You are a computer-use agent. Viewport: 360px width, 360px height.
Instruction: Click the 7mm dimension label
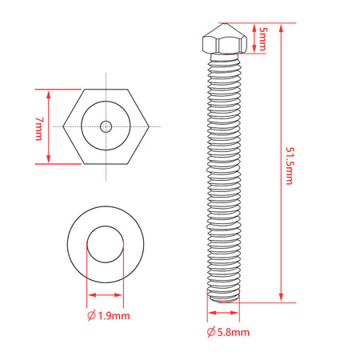(38, 129)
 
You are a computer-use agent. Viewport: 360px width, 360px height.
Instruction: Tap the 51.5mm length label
(290, 166)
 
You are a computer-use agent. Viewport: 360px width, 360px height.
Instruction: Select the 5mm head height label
(262, 39)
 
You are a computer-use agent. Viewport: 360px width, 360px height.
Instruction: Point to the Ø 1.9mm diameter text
(109, 316)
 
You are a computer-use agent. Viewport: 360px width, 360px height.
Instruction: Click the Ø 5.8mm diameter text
(228, 332)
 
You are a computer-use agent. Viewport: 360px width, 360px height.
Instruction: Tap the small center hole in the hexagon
(106, 126)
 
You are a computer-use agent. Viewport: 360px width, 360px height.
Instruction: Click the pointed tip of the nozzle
(223, 23)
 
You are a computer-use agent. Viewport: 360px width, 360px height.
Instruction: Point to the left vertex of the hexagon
(63, 126)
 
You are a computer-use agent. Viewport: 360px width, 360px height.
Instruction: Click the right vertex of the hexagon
(149, 126)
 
